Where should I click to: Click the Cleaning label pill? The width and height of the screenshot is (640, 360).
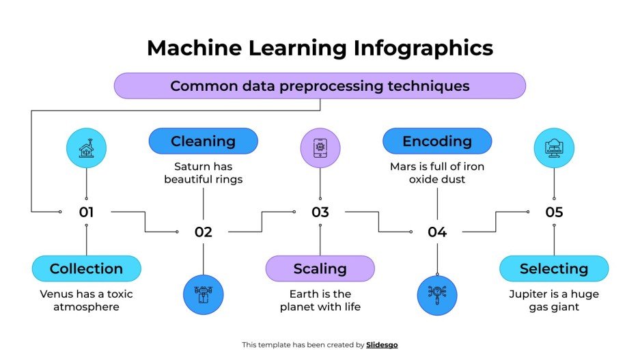click(x=203, y=141)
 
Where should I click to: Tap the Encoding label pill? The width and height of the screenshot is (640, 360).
click(x=437, y=141)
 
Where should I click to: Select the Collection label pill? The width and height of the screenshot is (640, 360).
click(x=86, y=268)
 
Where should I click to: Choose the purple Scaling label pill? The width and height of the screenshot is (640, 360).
click(x=320, y=268)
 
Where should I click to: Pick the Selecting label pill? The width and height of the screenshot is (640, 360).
click(x=553, y=268)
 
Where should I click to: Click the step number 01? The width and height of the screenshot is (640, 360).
click(x=86, y=212)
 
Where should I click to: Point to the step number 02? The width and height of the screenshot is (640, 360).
click(x=203, y=232)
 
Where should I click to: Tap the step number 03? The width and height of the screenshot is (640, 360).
click(x=320, y=212)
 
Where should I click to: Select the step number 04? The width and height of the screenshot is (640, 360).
click(x=437, y=232)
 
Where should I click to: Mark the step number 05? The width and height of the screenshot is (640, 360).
click(x=554, y=212)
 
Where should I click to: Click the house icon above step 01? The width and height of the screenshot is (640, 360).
click(x=86, y=148)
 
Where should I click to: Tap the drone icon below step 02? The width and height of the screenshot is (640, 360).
click(x=204, y=294)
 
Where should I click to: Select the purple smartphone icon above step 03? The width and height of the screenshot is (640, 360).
click(x=320, y=148)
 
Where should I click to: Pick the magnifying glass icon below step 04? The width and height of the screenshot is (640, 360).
click(x=437, y=294)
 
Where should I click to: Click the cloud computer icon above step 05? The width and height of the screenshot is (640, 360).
click(x=553, y=148)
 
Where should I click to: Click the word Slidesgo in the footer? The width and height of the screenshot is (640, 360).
click(x=382, y=345)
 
